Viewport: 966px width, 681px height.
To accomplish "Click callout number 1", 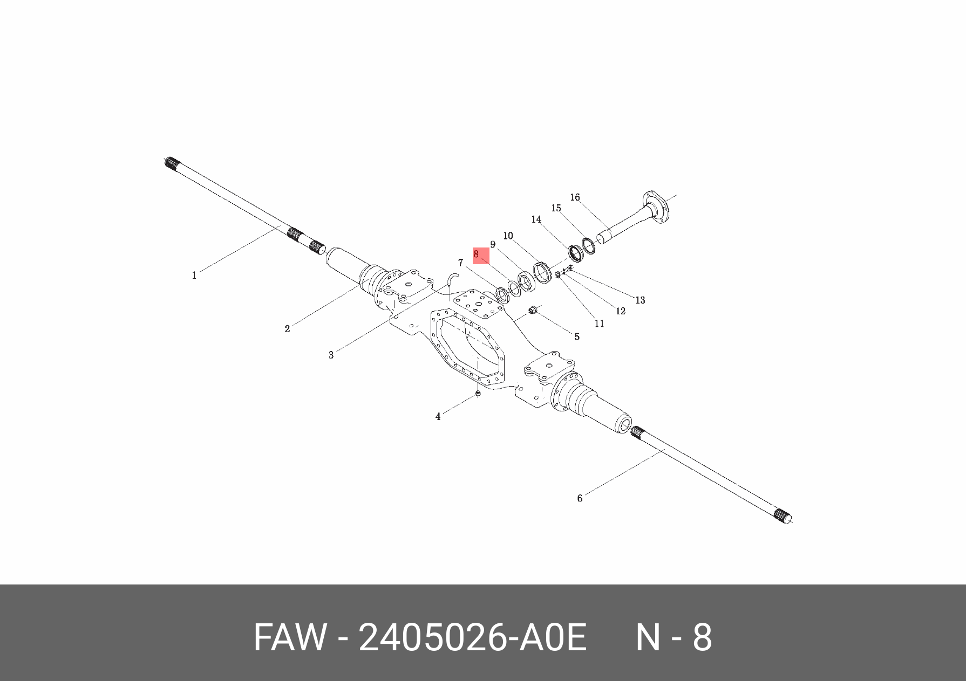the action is (x=194, y=276).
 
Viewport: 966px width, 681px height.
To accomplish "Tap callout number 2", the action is (x=287, y=329).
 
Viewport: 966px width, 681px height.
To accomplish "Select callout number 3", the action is (x=331, y=355).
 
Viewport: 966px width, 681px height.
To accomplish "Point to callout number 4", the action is (x=438, y=417).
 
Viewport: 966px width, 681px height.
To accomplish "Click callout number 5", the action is (x=576, y=337).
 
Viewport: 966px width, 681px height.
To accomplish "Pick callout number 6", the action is (x=580, y=498).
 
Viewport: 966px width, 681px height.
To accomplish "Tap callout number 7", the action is (x=460, y=263).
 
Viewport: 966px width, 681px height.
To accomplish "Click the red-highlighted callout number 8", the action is (x=477, y=254).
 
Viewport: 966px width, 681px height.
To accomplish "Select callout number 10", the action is (x=508, y=236).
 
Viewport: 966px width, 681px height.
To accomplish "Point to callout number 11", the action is (x=599, y=324).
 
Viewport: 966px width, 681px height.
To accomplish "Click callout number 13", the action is (x=640, y=300).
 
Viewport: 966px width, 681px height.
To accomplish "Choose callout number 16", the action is (x=575, y=197).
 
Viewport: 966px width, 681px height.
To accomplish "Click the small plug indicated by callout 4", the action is (x=478, y=395).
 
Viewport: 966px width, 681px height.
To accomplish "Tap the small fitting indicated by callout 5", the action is (x=532, y=310).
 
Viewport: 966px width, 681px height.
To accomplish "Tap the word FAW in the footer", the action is (x=290, y=637).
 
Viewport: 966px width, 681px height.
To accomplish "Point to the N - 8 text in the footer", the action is (x=674, y=637).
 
